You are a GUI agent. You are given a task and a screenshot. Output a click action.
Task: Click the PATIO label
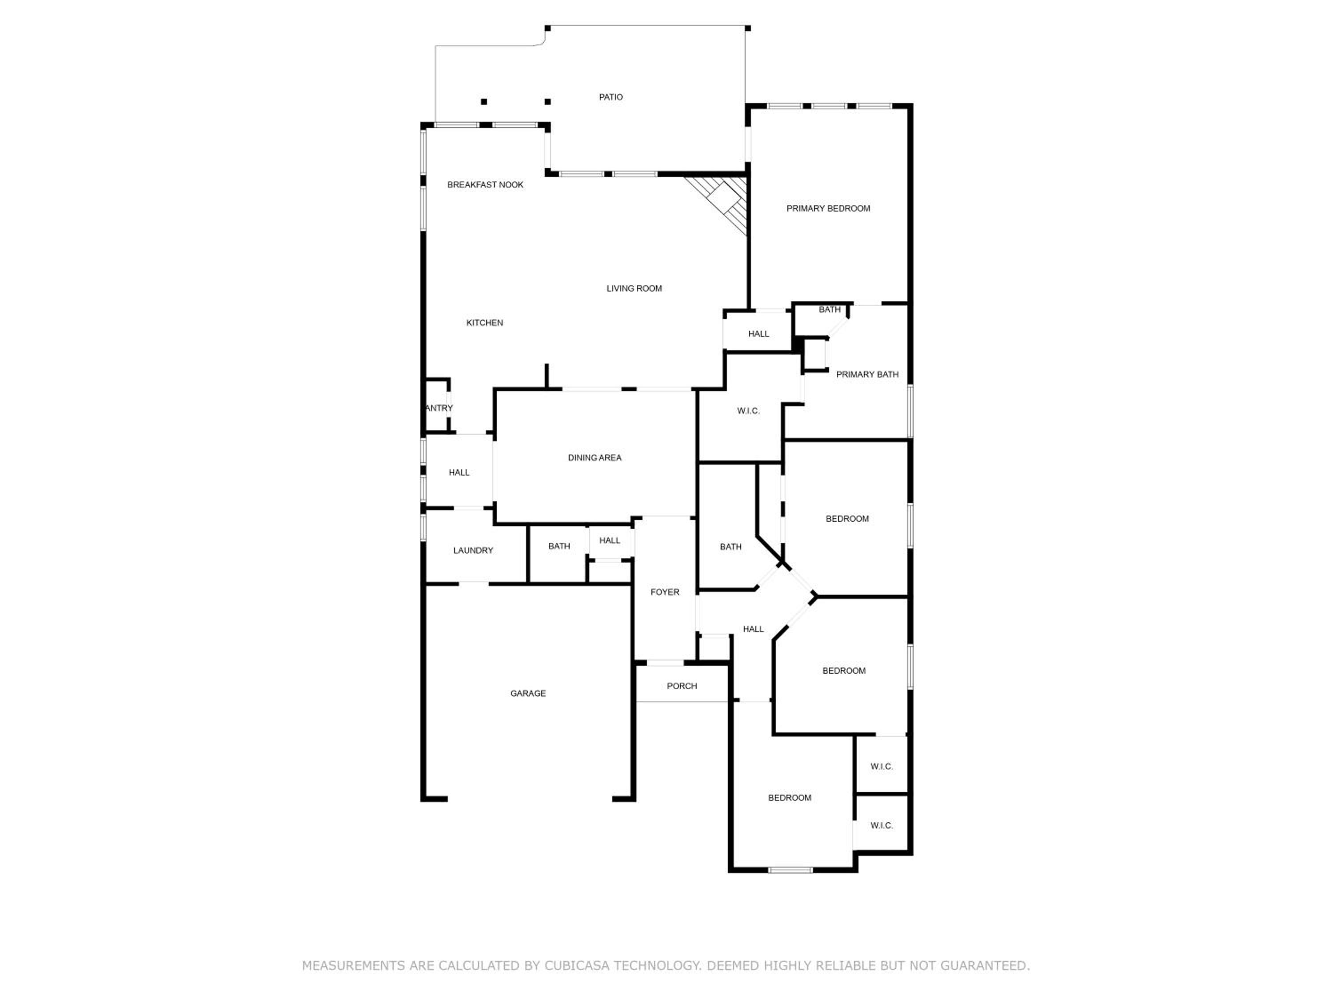click(x=611, y=97)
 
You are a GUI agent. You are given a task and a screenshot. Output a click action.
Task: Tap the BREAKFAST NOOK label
click(x=485, y=185)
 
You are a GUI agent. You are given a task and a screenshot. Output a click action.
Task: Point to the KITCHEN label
click(x=484, y=323)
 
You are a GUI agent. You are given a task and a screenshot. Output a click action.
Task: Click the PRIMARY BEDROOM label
click(x=828, y=208)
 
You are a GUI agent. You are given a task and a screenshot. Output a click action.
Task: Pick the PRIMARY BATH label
click(x=867, y=374)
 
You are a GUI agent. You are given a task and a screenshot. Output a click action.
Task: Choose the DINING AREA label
click(x=594, y=457)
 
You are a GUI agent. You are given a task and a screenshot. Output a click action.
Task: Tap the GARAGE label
click(x=528, y=693)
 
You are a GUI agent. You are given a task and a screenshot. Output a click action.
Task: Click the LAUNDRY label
click(x=473, y=550)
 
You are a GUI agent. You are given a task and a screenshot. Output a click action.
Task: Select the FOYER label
click(x=665, y=592)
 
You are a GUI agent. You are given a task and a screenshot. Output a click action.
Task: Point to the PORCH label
click(x=682, y=686)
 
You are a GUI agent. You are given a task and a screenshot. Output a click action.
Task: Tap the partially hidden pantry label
click(x=439, y=408)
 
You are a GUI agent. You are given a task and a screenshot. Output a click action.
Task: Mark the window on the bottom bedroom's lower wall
click(x=790, y=870)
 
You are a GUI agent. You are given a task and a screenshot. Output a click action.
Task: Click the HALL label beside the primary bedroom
click(x=759, y=334)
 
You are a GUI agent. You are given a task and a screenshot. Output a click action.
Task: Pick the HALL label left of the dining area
click(x=459, y=472)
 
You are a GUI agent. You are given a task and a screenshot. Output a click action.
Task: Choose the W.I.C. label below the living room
click(x=748, y=411)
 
